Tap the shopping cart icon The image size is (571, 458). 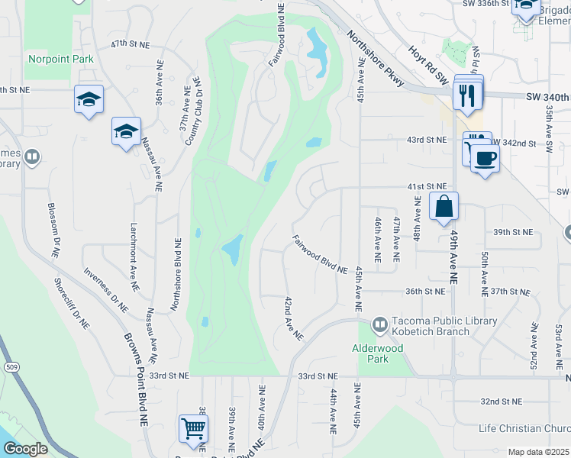pyautogui.click(x=193, y=427)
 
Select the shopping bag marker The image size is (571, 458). pyautogui.click(x=444, y=206)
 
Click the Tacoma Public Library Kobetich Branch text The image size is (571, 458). pyautogui.click(x=444, y=327)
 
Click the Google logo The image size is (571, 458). pyautogui.click(x=25, y=448)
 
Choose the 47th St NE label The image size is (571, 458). pyautogui.click(x=127, y=44)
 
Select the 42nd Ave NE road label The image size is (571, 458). pyautogui.click(x=294, y=318)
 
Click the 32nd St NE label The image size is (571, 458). pyautogui.click(x=501, y=401)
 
